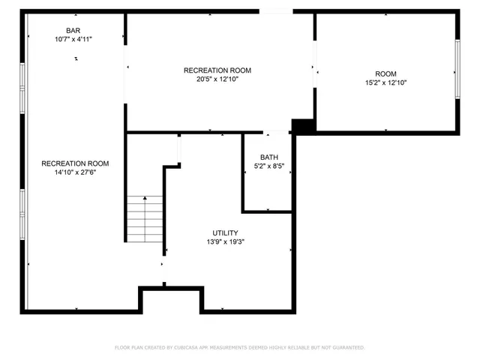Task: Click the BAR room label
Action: tap(73, 31)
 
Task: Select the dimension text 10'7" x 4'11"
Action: tap(73, 39)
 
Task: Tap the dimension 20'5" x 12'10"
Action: tap(217, 79)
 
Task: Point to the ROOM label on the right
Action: tap(385, 73)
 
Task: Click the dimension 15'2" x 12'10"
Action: tap(385, 82)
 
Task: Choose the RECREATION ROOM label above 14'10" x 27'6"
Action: tap(75, 163)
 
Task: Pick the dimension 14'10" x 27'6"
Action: tap(75, 172)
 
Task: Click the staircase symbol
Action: tap(145, 218)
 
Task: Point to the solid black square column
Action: tap(302, 127)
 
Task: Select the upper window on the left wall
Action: tap(23, 83)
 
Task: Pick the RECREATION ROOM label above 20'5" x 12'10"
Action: tap(217, 70)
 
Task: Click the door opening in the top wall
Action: tap(276, 11)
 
